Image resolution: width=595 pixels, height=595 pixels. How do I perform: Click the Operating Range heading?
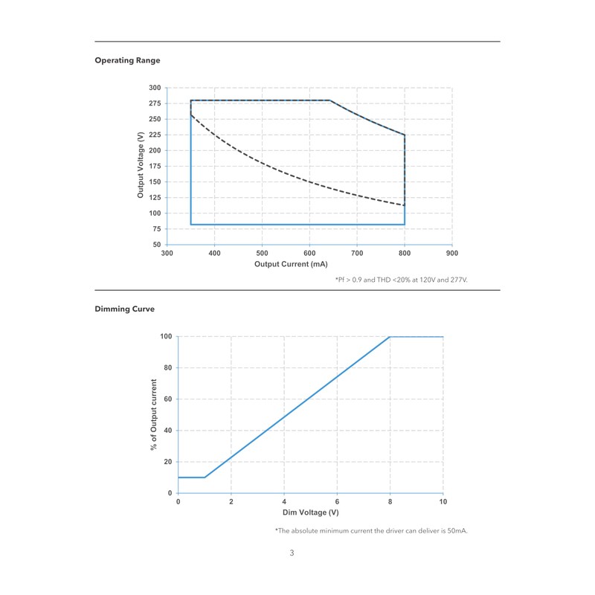pyautogui.click(x=127, y=60)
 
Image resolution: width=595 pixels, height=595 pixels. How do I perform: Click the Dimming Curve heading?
pyautogui.click(x=124, y=309)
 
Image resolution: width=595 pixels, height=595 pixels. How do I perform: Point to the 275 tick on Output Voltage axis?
pyautogui.click(x=154, y=103)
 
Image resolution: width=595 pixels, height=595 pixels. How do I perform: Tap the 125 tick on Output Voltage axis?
pyautogui.click(x=154, y=197)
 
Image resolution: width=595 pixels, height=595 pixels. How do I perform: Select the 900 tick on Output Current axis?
pyautogui.click(x=452, y=254)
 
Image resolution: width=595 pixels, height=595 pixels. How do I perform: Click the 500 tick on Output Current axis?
pyautogui.click(x=262, y=254)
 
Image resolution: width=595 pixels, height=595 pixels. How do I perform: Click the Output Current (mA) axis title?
pyautogui.click(x=291, y=264)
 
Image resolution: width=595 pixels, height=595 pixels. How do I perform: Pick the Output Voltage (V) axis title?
pyautogui.click(x=141, y=165)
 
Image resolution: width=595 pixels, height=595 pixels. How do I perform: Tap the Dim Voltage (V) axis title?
pyautogui.click(x=311, y=512)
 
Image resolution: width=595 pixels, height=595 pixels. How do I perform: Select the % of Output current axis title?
pyautogui.click(x=154, y=415)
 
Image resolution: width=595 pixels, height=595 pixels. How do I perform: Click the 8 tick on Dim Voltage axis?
pyautogui.click(x=390, y=502)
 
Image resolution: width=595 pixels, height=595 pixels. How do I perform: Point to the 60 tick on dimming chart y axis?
pyautogui.click(x=167, y=399)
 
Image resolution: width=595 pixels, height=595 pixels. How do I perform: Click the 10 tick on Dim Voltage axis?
pyautogui.click(x=443, y=502)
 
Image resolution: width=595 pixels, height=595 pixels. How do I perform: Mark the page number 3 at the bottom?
pyautogui.click(x=292, y=553)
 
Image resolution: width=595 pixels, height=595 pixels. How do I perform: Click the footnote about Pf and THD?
pyautogui.click(x=406, y=280)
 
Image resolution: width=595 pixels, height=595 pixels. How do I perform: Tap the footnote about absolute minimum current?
pyautogui.click(x=371, y=530)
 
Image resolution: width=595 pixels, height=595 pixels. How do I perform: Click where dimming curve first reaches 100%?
pyautogui.click(x=390, y=337)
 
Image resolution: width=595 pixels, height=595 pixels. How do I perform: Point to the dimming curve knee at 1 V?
pyautogui.click(x=205, y=477)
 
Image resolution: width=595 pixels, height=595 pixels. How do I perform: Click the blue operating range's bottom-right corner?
pyautogui.click(x=405, y=224)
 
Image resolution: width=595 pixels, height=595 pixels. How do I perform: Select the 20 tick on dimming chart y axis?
pyautogui.click(x=167, y=462)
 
